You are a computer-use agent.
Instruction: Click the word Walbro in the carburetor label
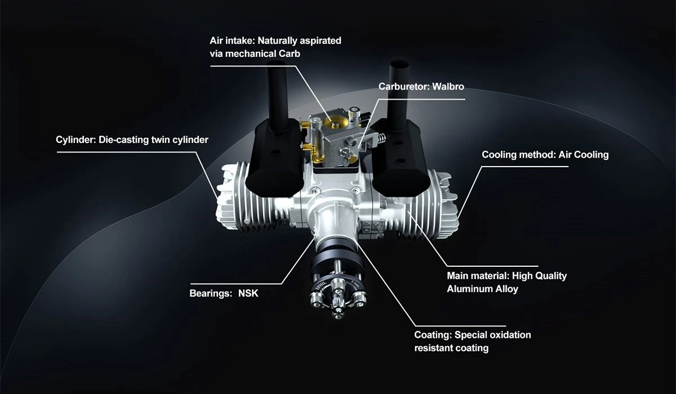[x=448, y=87]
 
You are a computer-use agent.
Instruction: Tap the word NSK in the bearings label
[x=248, y=294]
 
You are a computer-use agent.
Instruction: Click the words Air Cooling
[x=584, y=155]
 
